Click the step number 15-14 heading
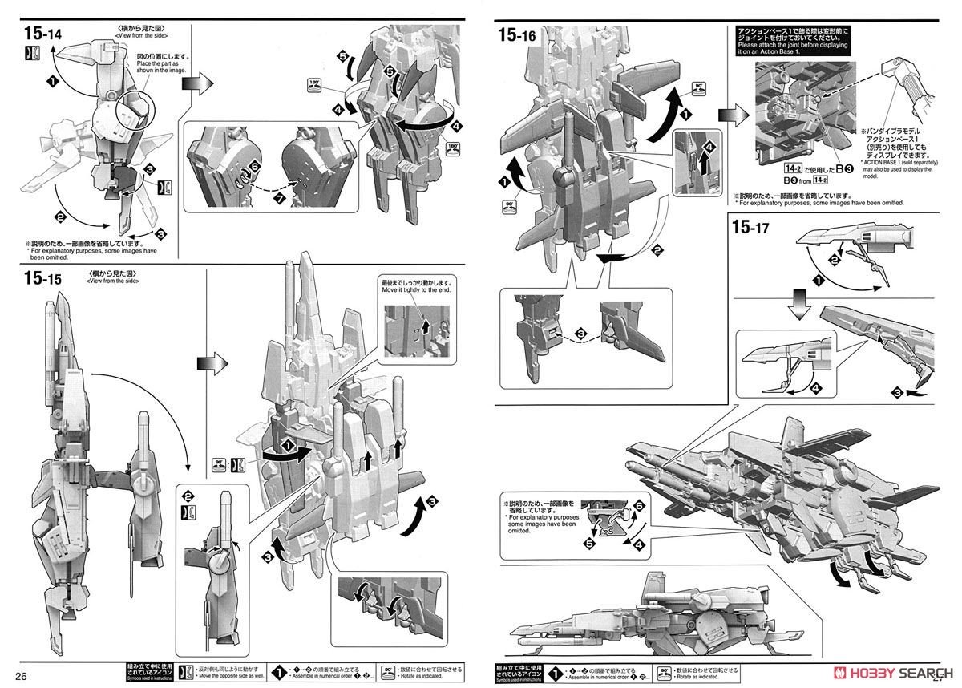point(46,34)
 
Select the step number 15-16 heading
point(517,34)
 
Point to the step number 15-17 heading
point(751,228)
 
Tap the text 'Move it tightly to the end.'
point(416,289)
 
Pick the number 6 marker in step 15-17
point(638,507)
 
